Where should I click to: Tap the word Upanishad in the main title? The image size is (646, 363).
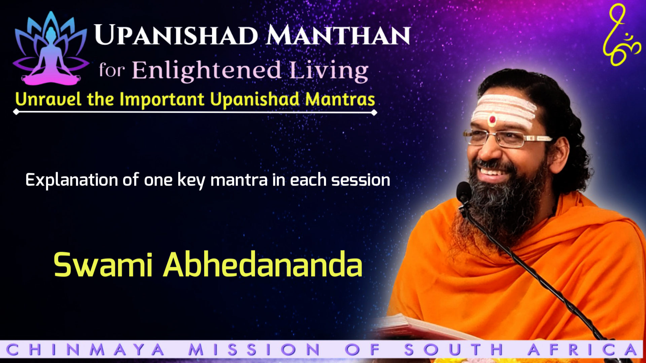(176, 35)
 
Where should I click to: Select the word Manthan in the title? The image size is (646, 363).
(338, 35)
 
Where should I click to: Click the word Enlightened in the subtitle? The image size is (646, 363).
(207, 71)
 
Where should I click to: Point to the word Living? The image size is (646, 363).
(329, 71)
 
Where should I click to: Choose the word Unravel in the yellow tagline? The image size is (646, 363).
(48, 99)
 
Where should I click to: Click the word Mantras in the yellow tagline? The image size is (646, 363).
(340, 99)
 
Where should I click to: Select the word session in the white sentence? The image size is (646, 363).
(361, 180)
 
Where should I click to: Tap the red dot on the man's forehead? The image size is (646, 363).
(492, 119)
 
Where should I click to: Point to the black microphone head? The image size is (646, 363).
(464, 192)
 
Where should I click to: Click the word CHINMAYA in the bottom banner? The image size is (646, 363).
(85, 350)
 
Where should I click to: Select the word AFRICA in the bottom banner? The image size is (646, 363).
(583, 350)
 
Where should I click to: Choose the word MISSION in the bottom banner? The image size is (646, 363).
(254, 350)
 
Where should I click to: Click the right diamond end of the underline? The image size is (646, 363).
(374, 113)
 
